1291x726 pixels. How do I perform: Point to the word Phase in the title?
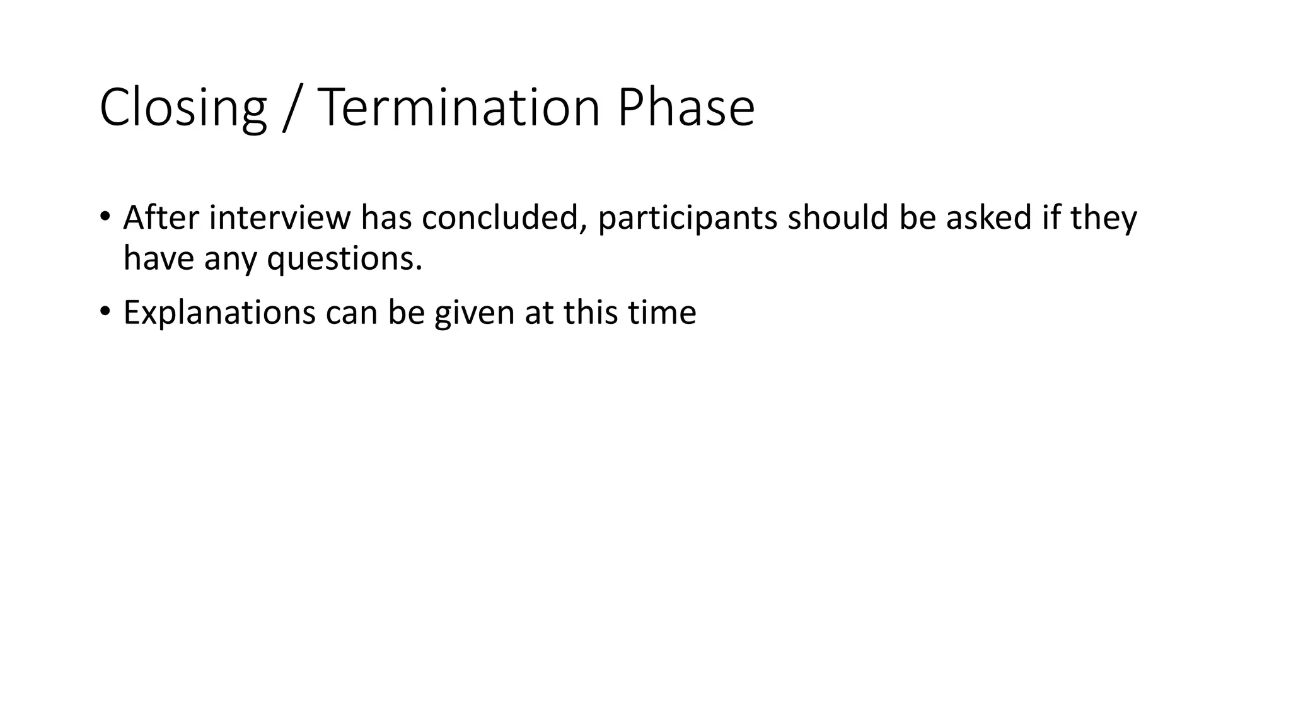pyautogui.click(x=686, y=108)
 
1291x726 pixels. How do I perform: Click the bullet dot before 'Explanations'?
pyautogui.click(x=105, y=312)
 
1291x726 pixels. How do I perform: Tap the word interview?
pyautogui.click(x=279, y=217)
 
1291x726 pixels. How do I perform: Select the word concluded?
pyautogui.click(x=504, y=217)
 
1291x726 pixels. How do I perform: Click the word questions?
pyautogui.click(x=344, y=259)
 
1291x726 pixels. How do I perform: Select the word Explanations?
pyautogui.click(x=219, y=313)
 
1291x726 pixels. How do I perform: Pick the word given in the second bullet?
pyautogui.click(x=474, y=313)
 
